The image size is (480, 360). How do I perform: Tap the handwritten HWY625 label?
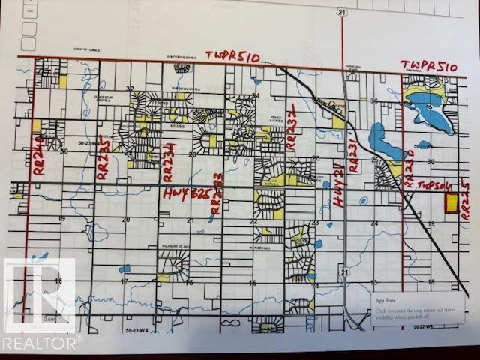(x=184, y=193)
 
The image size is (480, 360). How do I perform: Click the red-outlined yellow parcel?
(x=451, y=204)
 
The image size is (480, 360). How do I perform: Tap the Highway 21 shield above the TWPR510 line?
(x=341, y=13)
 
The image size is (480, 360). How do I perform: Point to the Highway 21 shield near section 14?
(x=343, y=269)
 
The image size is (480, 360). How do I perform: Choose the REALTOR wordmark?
(x=41, y=342)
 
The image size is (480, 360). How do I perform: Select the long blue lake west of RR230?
(x=382, y=139)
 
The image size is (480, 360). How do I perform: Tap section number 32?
(x=130, y=88)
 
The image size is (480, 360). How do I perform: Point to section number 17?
(x=125, y=282)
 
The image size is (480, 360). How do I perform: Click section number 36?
(x=373, y=100)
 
